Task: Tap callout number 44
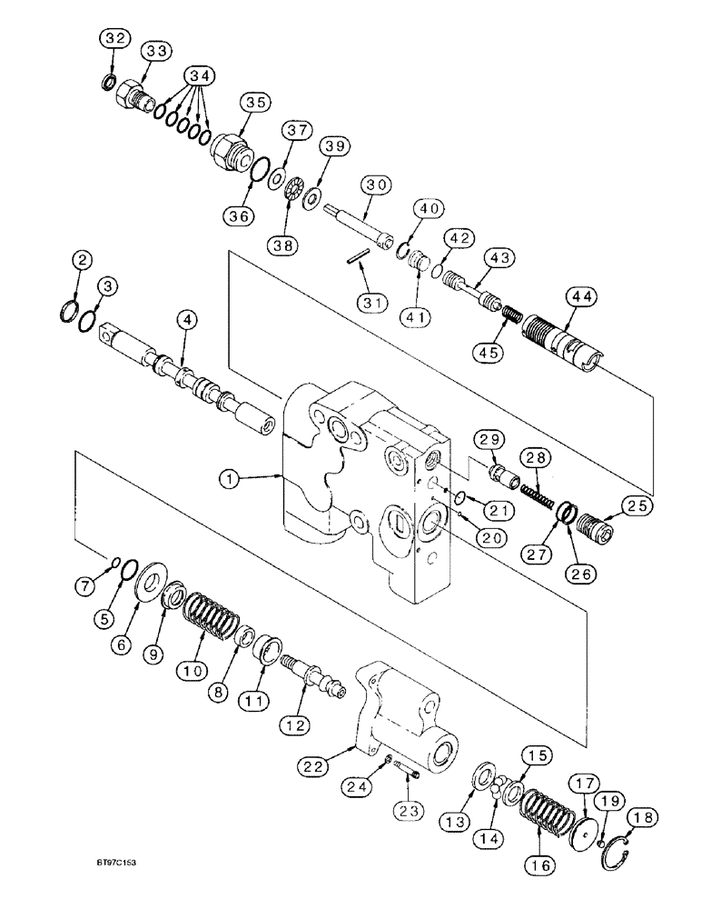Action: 580,296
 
